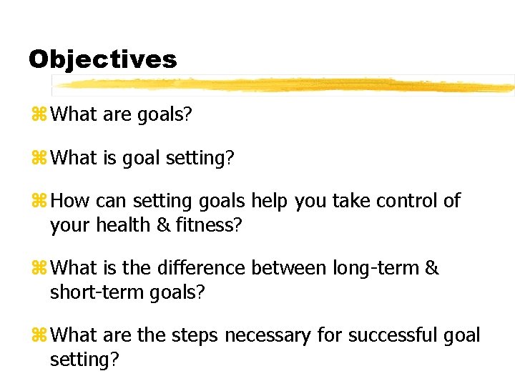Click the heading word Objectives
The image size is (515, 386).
point(102,59)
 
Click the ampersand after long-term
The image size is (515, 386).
point(433,269)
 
